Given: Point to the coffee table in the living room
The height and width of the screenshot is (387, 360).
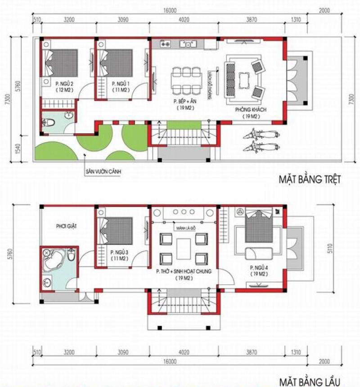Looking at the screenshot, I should (244, 80).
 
